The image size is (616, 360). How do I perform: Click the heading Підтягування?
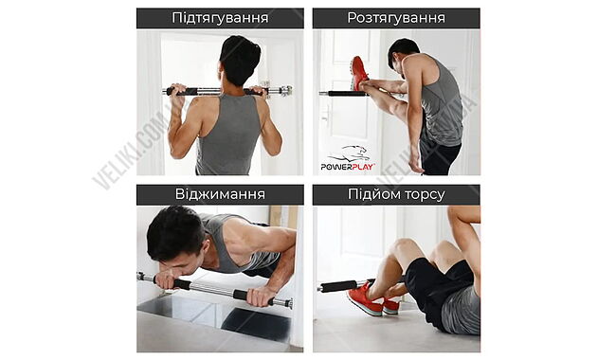pos(220,18)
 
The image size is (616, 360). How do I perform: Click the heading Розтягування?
pos(396,18)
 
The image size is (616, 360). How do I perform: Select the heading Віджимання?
pos(220,194)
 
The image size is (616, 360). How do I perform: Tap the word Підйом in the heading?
pos(372,194)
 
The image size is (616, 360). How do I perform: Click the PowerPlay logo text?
pos(348,167)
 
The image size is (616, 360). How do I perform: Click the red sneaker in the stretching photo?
pos(359,73)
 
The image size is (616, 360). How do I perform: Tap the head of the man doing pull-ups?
pos(240,59)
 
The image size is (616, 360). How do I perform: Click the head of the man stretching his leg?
pos(402,52)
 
